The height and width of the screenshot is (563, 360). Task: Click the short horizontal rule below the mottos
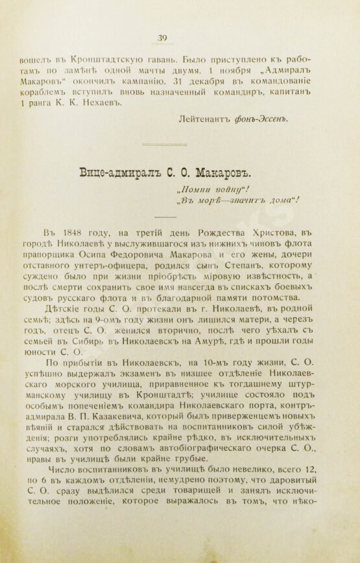(x=163, y=217)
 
